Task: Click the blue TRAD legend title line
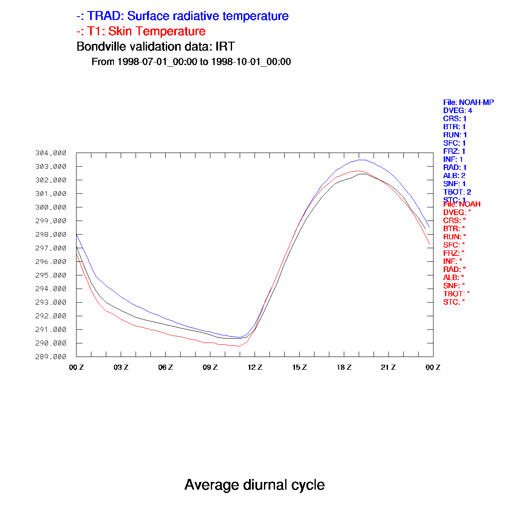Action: pos(183,16)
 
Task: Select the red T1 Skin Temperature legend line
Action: pos(141,31)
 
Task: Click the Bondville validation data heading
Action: pos(156,46)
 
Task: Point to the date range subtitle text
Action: pos(191,62)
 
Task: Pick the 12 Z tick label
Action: pos(255,367)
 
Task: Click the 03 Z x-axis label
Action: pos(121,367)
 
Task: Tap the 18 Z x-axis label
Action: pos(344,367)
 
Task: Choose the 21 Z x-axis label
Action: pos(388,367)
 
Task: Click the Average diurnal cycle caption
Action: pos(255,484)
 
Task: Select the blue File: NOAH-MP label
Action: pos(468,102)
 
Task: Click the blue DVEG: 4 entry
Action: pos(457,110)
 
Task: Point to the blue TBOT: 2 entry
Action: pos(457,192)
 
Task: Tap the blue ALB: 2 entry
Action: pos(454,176)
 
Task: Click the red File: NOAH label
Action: pos(462,204)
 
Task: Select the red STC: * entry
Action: pos(453,302)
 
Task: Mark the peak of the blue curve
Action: pos(360,160)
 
